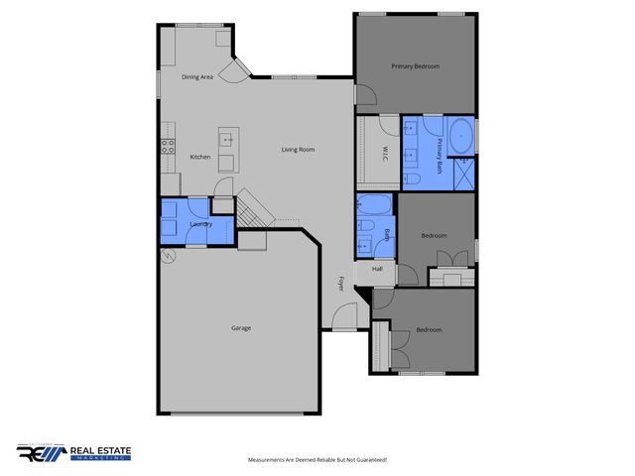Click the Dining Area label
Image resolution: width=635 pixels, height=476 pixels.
(x=197, y=76)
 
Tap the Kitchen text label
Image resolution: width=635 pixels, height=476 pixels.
(x=200, y=158)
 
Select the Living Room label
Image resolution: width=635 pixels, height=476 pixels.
(x=298, y=150)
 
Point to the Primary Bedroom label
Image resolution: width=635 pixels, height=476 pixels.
(x=415, y=66)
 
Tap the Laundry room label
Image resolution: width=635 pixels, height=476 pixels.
(x=200, y=225)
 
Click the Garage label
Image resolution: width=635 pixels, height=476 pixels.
(x=241, y=328)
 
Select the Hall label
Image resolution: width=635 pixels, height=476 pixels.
(x=377, y=270)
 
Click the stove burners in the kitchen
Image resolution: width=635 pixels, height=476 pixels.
(x=167, y=147)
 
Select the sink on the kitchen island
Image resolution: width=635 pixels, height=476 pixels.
(x=227, y=139)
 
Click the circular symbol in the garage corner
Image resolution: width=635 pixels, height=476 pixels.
(x=168, y=255)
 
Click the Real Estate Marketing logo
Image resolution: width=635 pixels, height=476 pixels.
(x=74, y=453)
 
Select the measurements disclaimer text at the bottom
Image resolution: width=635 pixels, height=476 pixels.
(x=317, y=460)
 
